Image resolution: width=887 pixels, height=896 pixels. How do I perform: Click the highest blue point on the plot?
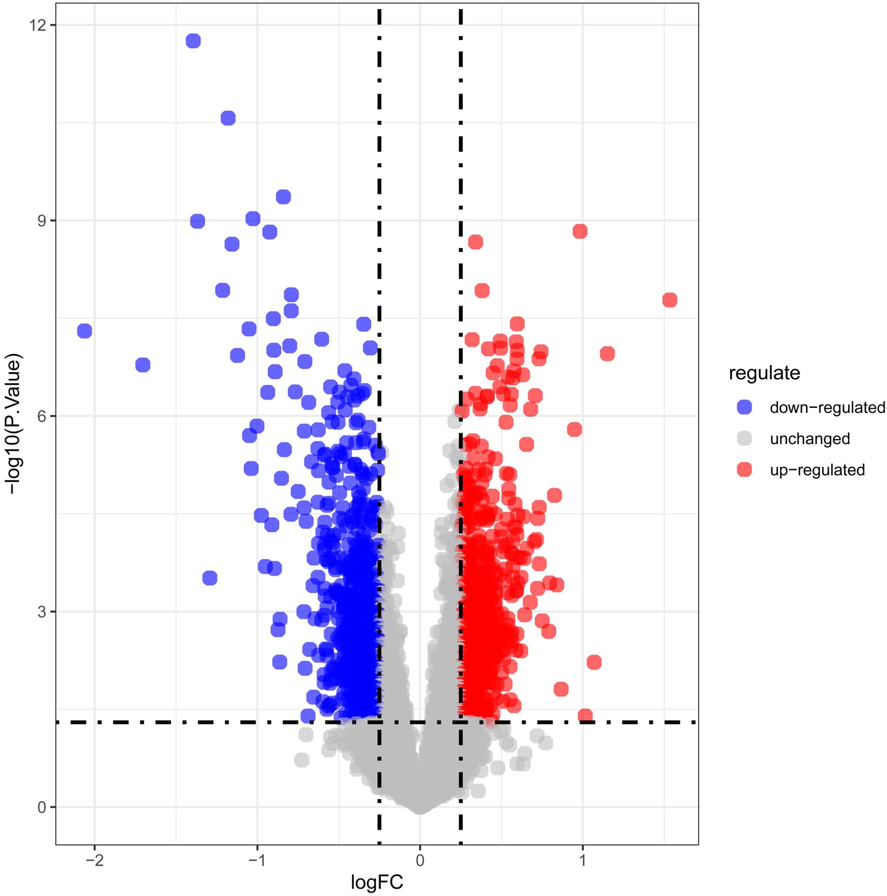193,41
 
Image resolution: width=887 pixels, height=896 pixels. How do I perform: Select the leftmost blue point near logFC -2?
85,331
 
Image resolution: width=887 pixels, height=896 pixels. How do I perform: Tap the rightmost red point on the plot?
670,300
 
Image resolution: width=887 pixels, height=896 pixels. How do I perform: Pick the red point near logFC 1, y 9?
580,232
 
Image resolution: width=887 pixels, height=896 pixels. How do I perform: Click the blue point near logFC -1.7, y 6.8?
143,365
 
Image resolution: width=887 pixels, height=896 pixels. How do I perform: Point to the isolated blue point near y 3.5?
210,578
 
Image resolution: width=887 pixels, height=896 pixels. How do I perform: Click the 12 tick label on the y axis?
38,25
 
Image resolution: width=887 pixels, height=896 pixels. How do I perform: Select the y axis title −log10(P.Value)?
14,423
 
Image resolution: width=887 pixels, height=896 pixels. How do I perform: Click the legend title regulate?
764,373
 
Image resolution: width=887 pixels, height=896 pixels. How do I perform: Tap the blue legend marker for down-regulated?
745,407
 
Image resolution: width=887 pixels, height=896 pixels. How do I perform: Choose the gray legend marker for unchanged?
745,438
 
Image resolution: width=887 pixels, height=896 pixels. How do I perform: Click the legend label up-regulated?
817,470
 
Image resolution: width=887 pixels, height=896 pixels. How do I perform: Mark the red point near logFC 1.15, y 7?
607,354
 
